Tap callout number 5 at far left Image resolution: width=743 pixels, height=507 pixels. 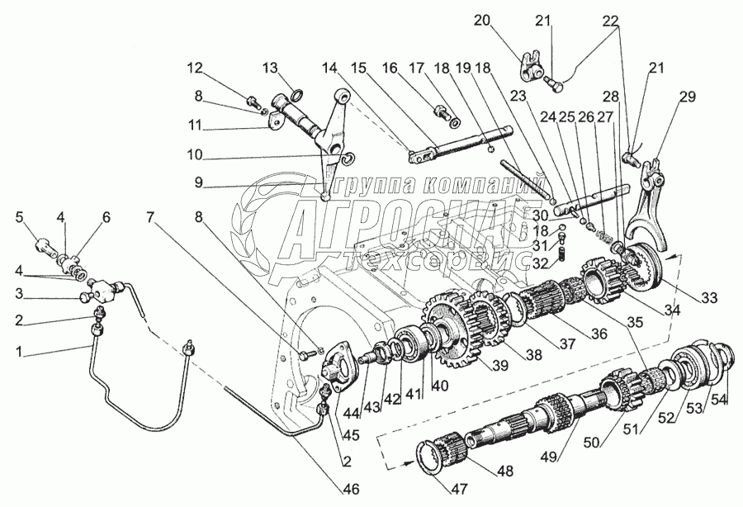20,218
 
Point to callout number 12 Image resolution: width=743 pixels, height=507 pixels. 193,66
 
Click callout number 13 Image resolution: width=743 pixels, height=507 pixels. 272,67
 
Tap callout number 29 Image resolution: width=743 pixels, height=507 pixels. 687,97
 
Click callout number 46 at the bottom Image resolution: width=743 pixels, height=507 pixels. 351,489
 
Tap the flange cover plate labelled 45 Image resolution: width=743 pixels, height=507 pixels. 339,372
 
